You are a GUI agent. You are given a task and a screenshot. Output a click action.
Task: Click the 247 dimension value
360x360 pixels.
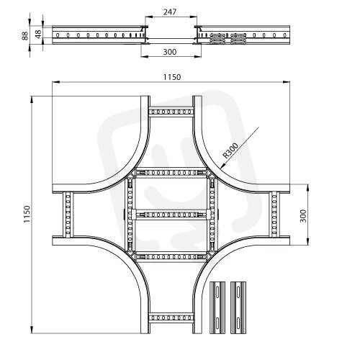coord(170,12)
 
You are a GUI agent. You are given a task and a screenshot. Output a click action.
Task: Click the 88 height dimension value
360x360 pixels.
coord(25,35)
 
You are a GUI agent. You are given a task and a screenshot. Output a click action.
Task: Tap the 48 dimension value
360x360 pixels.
coord(38,34)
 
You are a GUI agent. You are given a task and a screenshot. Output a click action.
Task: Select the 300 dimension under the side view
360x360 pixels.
coord(170,52)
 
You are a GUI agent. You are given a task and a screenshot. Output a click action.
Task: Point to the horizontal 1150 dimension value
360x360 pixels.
coord(172,77)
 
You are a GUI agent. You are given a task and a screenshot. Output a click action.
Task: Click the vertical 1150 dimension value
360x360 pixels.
coord(27,214)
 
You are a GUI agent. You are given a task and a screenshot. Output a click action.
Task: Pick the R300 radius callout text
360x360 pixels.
coord(230,150)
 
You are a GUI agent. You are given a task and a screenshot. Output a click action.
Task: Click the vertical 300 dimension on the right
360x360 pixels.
coord(303,216)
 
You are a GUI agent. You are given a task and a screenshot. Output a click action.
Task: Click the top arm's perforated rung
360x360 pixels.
coord(171,112)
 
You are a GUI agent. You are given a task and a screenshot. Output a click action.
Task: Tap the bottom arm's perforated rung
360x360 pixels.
coord(171,318)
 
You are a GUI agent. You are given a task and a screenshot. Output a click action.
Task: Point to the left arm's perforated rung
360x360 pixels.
coord(68,215)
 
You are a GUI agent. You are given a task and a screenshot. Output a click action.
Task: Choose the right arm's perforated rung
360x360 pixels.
coord(274,215)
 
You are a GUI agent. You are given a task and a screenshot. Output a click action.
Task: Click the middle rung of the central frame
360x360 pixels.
coord(171,214)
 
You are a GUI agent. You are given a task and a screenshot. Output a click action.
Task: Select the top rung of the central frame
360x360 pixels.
coord(171,172)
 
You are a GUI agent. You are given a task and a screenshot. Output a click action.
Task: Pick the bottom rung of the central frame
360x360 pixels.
coord(171,257)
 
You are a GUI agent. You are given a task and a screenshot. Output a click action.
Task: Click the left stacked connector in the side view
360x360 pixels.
coord(217,38)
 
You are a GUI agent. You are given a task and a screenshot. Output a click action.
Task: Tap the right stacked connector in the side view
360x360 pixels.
coord(238,38)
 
